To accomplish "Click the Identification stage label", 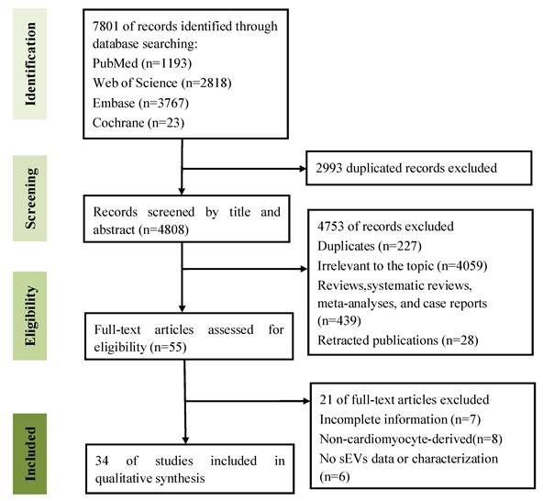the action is (x=30, y=64).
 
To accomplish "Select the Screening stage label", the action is (x=30, y=198).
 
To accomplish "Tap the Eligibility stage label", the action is (x=30, y=316).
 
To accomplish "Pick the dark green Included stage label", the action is (x=30, y=453).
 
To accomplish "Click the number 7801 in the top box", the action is (x=105, y=27).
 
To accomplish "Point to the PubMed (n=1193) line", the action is (x=142, y=63).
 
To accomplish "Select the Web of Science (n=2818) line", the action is (x=162, y=83).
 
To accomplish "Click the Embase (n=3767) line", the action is (x=140, y=103).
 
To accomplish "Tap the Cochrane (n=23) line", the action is (x=139, y=123).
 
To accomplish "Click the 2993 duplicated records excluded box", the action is (x=419, y=168).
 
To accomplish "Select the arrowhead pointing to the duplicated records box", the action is (x=303, y=169).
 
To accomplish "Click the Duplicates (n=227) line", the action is (x=370, y=246).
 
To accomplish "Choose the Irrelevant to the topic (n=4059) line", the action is (x=403, y=266).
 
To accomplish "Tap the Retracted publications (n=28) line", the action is (x=398, y=340).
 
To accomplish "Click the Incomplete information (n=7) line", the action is (x=400, y=419).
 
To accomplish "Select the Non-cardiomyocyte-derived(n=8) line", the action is (x=411, y=439).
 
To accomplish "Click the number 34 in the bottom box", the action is (x=102, y=461).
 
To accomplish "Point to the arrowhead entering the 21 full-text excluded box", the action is (x=307, y=401).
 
